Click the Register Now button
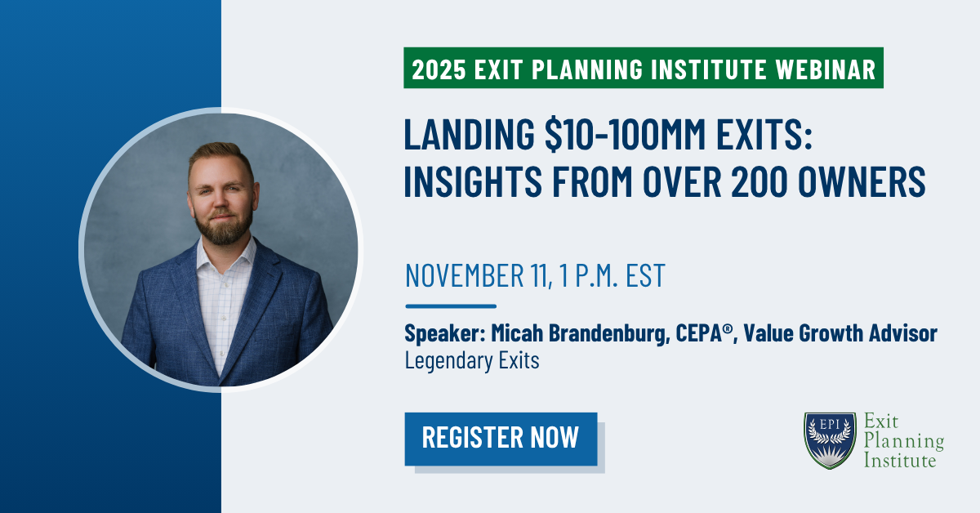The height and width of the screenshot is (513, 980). pos(501,438)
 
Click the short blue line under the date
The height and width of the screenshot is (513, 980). pos(451,306)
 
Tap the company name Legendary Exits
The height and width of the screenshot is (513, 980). pos(472,361)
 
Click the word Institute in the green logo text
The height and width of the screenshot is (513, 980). pos(900,462)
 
